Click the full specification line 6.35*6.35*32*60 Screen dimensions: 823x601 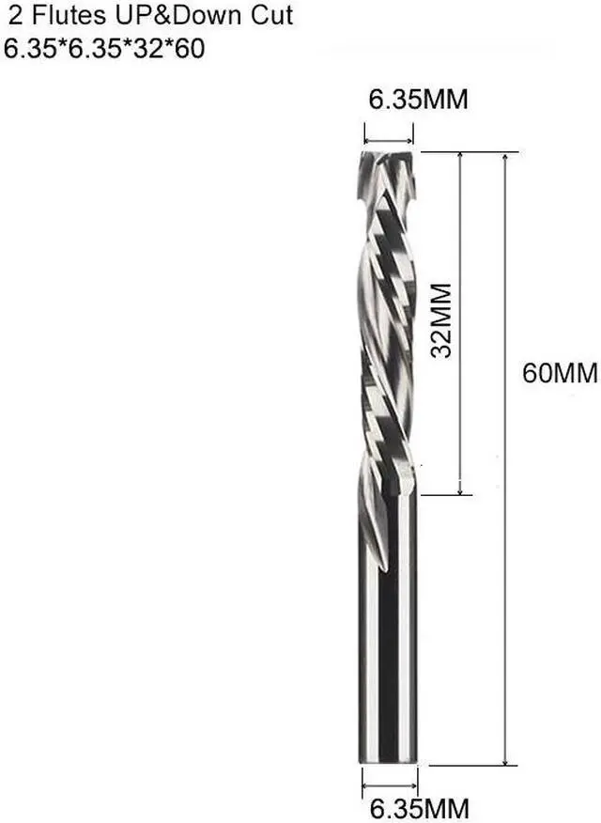(x=104, y=49)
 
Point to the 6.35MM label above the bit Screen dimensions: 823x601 (x=417, y=101)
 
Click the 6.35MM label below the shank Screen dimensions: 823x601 (x=417, y=807)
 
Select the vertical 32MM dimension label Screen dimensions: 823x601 (x=442, y=318)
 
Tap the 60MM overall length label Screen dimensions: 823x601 (x=560, y=373)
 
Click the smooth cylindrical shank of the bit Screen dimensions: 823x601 (x=389, y=658)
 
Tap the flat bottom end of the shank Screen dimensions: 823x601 (x=389, y=760)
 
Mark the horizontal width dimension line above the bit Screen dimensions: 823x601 (x=389, y=132)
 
